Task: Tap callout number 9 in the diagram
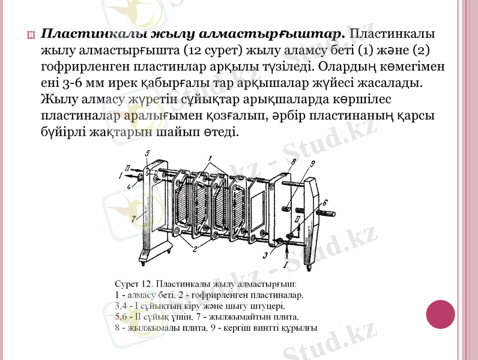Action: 312,164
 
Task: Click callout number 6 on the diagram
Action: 325,202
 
